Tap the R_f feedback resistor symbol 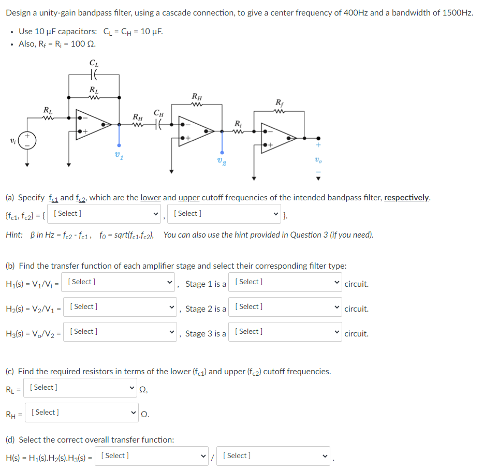pyautogui.click(x=280, y=112)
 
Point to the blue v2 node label pyautogui.click(x=222, y=161)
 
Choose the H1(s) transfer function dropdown pyautogui.click(x=121, y=282)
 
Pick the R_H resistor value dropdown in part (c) pyautogui.click(x=83, y=413)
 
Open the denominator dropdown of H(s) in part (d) pyautogui.click(x=274, y=456)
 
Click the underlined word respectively pyautogui.click(x=406, y=197)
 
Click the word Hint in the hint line pyautogui.click(x=13, y=235)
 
